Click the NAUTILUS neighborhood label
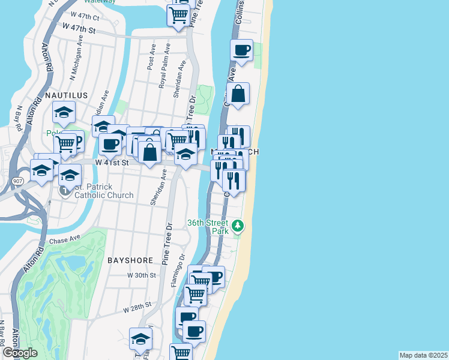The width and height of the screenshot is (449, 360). [66, 95]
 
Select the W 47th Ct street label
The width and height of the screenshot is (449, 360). [84, 18]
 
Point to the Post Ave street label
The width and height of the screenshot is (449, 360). [152, 61]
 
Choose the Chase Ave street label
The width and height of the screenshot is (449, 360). [65, 239]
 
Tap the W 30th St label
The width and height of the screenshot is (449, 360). [142, 275]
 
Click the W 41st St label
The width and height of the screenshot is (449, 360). [113, 162]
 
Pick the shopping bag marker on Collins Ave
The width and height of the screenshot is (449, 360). [238, 94]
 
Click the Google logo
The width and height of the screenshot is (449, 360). [20, 353]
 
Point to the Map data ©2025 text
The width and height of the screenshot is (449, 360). [423, 355]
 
